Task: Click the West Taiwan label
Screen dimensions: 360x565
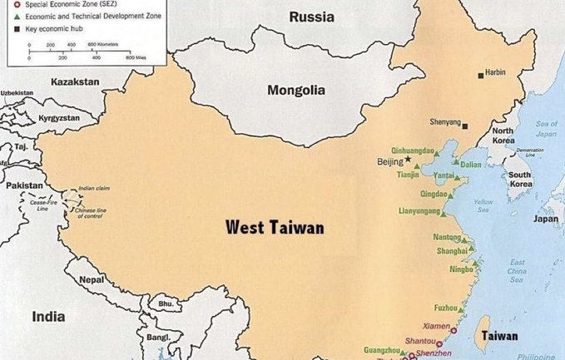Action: click(x=275, y=227)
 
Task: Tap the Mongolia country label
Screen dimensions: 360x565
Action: click(x=296, y=90)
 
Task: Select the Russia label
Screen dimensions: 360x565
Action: click(x=311, y=17)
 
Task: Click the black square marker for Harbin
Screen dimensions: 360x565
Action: click(x=481, y=76)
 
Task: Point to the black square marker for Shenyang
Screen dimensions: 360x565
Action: click(x=465, y=126)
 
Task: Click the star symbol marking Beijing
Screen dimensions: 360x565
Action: click(x=408, y=159)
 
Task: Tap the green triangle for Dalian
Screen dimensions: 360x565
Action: click(x=455, y=165)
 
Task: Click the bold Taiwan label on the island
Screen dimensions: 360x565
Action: click(x=498, y=337)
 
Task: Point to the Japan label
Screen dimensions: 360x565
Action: click(x=546, y=220)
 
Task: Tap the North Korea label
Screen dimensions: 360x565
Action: click(x=503, y=136)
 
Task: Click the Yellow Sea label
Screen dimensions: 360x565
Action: click(x=482, y=205)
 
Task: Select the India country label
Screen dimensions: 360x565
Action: click(x=48, y=316)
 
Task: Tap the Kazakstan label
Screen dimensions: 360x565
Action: click(x=75, y=81)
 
